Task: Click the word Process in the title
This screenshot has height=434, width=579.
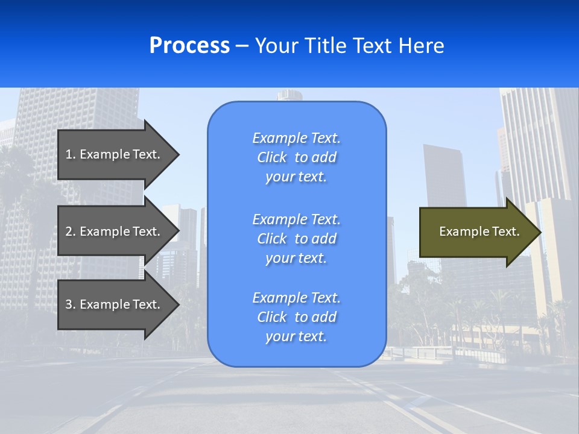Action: [x=189, y=46]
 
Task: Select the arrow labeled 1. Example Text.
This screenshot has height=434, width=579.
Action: [x=115, y=154]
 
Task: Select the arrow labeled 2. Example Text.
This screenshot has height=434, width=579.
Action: [x=115, y=231]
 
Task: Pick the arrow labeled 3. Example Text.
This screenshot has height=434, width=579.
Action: [x=115, y=304]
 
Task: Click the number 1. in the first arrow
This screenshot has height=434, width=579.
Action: [x=71, y=154]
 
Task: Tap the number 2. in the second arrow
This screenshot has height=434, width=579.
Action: [x=71, y=231]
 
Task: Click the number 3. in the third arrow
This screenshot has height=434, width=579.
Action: [x=71, y=304]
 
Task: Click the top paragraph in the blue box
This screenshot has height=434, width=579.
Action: [x=296, y=157]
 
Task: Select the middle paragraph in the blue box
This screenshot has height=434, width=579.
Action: [x=296, y=239]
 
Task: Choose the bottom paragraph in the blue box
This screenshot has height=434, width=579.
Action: [x=296, y=317]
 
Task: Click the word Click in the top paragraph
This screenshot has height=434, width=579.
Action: [x=271, y=157]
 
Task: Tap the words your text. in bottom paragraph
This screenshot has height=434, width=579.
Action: [x=296, y=336]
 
